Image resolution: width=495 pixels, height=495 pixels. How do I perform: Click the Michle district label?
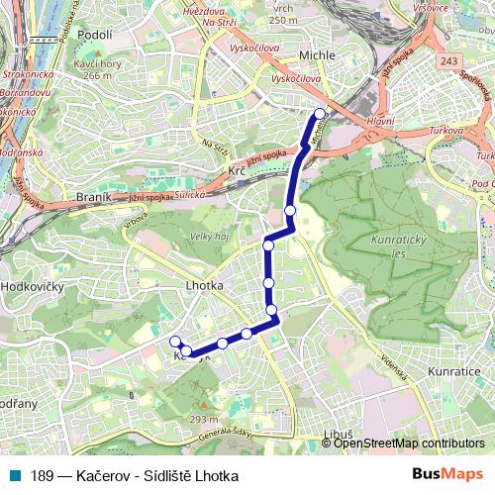pyautogui.click(x=317, y=55)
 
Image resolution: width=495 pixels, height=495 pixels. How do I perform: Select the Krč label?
pyautogui.click(x=237, y=171)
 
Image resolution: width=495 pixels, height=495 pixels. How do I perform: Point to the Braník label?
pyautogui.click(x=93, y=198)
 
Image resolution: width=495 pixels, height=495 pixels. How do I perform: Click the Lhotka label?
pyautogui.click(x=204, y=285)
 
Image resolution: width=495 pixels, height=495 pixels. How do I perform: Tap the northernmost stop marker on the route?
pyautogui.click(x=320, y=114)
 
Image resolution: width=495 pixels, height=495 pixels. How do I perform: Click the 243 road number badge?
pyautogui.click(x=449, y=61)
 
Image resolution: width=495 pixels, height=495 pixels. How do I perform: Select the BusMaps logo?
pyautogui.click(x=447, y=475)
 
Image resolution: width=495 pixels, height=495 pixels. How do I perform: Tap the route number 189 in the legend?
pyautogui.click(x=42, y=476)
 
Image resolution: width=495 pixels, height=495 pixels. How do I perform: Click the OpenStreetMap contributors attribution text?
pyautogui.click(x=408, y=445)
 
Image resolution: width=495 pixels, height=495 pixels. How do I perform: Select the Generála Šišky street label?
pyautogui.click(x=238, y=433)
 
